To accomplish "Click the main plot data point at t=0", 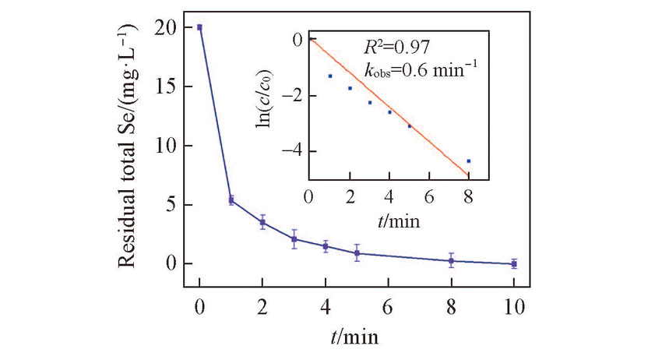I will tap(199, 27).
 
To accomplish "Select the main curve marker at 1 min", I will tap(231, 200).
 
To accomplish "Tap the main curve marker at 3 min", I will tap(294, 239).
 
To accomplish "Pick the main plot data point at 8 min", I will tap(451, 261).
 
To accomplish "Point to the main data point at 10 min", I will tap(513, 264).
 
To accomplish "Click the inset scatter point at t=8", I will tap(468, 161).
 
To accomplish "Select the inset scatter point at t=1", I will tap(330, 76).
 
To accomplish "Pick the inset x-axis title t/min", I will tap(397, 221).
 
